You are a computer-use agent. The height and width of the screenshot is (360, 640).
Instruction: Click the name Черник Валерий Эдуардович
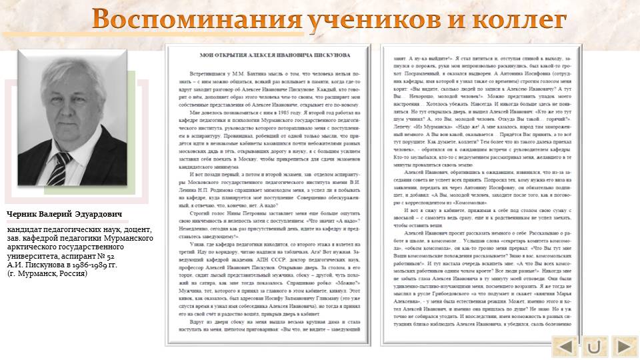(x=65, y=215)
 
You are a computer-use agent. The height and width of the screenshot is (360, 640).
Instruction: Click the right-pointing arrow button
(x=624, y=347)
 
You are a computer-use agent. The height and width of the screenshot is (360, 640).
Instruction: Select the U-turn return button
(x=595, y=347)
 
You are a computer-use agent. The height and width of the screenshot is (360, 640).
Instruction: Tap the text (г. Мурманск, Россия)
(x=47, y=273)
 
